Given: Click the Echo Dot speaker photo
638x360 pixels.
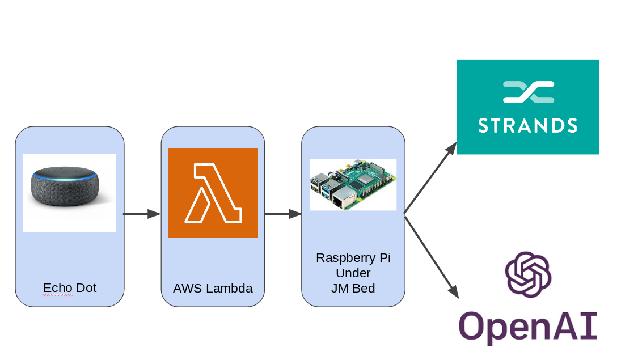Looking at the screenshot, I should [x=65, y=187].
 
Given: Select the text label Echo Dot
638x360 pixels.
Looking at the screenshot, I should [x=70, y=288].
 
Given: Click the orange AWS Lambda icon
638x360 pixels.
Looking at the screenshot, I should [x=213, y=193].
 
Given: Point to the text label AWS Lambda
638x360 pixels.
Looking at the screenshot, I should [x=213, y=289].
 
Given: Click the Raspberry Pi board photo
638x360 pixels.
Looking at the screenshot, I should [x=353, y=184].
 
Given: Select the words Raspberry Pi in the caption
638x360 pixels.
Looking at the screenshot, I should [x=353, y=258].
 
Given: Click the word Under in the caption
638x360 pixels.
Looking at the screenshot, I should [x=353, y=273].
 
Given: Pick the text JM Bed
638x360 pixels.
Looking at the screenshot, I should [x=353, y=289].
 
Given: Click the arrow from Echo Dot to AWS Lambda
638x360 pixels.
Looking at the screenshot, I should [x=142, y=214].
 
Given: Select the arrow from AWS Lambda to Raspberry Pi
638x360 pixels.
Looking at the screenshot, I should [x=282, y=214].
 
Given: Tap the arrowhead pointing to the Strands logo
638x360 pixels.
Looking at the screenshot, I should [x=451, y=149].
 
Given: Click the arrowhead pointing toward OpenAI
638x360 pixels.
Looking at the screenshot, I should [x=453, y=291].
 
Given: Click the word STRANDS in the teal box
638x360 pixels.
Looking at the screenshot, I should [x=528, y=125].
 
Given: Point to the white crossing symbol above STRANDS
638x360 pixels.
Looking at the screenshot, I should [x=528, y=92].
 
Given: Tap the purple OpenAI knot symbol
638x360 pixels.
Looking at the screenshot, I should [x=528, y=274].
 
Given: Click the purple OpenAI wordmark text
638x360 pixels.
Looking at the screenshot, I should [x=528, y=327].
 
